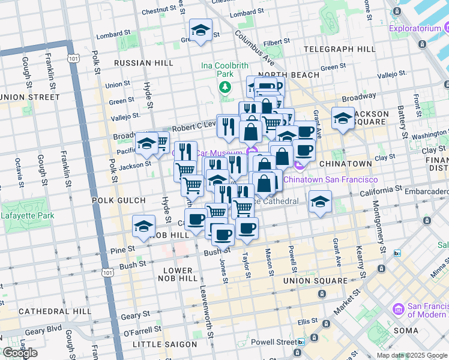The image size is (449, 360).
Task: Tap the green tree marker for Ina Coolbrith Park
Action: [x=225, y=88]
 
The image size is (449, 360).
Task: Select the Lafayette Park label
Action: [x=28, y=215]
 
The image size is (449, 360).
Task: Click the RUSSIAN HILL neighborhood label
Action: [x=143, y=63]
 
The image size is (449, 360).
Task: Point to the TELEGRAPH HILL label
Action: [x=340, y=49]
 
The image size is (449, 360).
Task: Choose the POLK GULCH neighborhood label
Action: [x=118, y=200]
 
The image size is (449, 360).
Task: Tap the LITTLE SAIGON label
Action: [x=164, y=344]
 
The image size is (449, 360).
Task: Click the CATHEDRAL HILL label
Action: [x=55, y=311]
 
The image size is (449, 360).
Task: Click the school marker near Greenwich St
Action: [x=200, y=31]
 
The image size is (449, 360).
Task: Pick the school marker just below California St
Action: [x=321, y=202]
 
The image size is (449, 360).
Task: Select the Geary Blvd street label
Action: [x=44, y=331]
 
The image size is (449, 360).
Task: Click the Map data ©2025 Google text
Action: [x=412, y=355]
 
